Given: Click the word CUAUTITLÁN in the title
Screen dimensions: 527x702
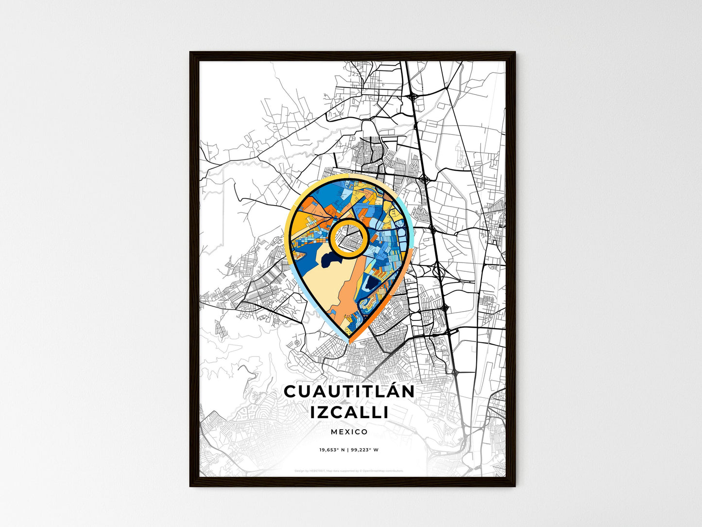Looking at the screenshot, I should click(349, 391).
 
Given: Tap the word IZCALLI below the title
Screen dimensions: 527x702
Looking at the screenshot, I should click(349, 412).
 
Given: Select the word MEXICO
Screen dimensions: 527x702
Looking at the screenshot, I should click(349, 432).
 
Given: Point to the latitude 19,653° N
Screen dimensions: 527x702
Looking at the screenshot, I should click(332, 450).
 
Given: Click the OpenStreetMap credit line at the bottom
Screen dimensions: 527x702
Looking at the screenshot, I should click(349, 471).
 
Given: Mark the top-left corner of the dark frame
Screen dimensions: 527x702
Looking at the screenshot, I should click(190, 53).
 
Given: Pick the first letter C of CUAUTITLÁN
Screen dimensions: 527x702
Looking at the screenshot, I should click(290, 391).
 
